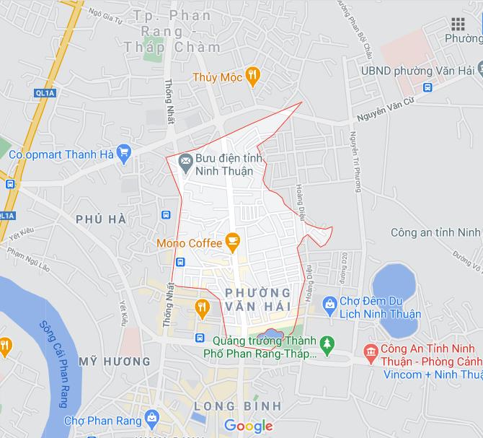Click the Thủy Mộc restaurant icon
coord(252,74)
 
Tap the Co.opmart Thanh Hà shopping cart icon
coord(124,152)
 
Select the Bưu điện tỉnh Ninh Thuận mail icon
coord(185,159)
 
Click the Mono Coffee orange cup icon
coord(232,240)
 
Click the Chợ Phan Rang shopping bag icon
coord(151,417)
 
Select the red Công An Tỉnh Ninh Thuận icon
coord(372,351)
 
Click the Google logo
coord(249,426)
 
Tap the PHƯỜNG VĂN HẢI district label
coord(257,299)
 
